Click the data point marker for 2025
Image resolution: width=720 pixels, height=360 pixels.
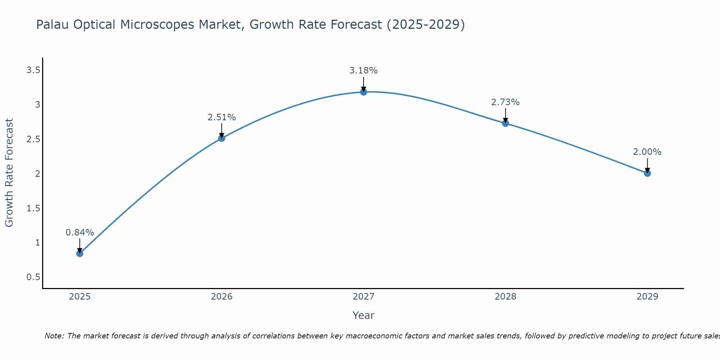pos(80,253)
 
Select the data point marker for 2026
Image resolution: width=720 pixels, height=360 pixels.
pos(221,138)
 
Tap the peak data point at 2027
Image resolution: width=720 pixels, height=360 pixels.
pos(363,92)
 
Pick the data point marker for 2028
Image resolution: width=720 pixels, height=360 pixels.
pos(505,123)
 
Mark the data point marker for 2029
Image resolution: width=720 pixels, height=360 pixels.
pos(647,173)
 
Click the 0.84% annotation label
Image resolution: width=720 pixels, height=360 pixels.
pos(80,233)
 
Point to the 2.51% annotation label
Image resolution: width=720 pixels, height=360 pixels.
pos(221,117)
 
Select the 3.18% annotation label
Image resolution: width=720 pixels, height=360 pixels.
pos(363,71)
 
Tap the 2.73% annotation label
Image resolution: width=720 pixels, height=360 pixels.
pos(505,102)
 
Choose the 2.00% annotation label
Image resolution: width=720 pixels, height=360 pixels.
pos(647,152)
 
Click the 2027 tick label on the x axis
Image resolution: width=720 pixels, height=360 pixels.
pos(363,297)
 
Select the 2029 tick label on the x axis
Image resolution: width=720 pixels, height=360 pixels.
pos(647,297)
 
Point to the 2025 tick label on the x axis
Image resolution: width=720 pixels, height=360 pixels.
pos(80,297)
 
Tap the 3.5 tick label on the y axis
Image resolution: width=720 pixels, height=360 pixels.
pos(33,70)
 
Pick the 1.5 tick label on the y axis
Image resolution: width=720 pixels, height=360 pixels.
pos(33,208)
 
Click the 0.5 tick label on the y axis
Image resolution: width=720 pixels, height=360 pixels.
pos(33,277)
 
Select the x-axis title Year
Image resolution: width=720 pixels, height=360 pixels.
pos(363,315)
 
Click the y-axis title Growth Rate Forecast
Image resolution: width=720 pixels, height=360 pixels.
pos(9,173)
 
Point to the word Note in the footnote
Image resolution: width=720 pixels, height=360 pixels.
pos(54,336)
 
